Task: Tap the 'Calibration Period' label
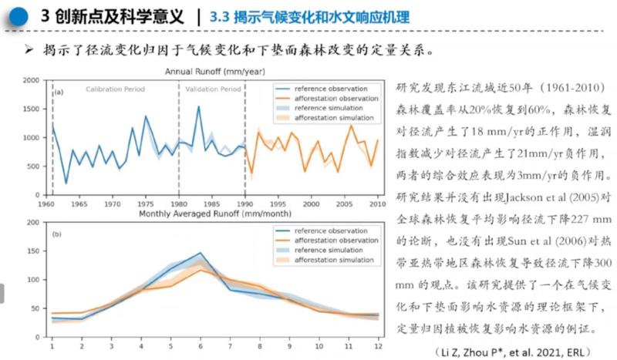[x=115, y=89]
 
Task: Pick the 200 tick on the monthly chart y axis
[x=32, y=224]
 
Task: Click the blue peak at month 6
[x=201, y=253]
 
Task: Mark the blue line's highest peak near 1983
[x=198, y=107]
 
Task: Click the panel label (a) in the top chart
[x=58, y=93]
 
